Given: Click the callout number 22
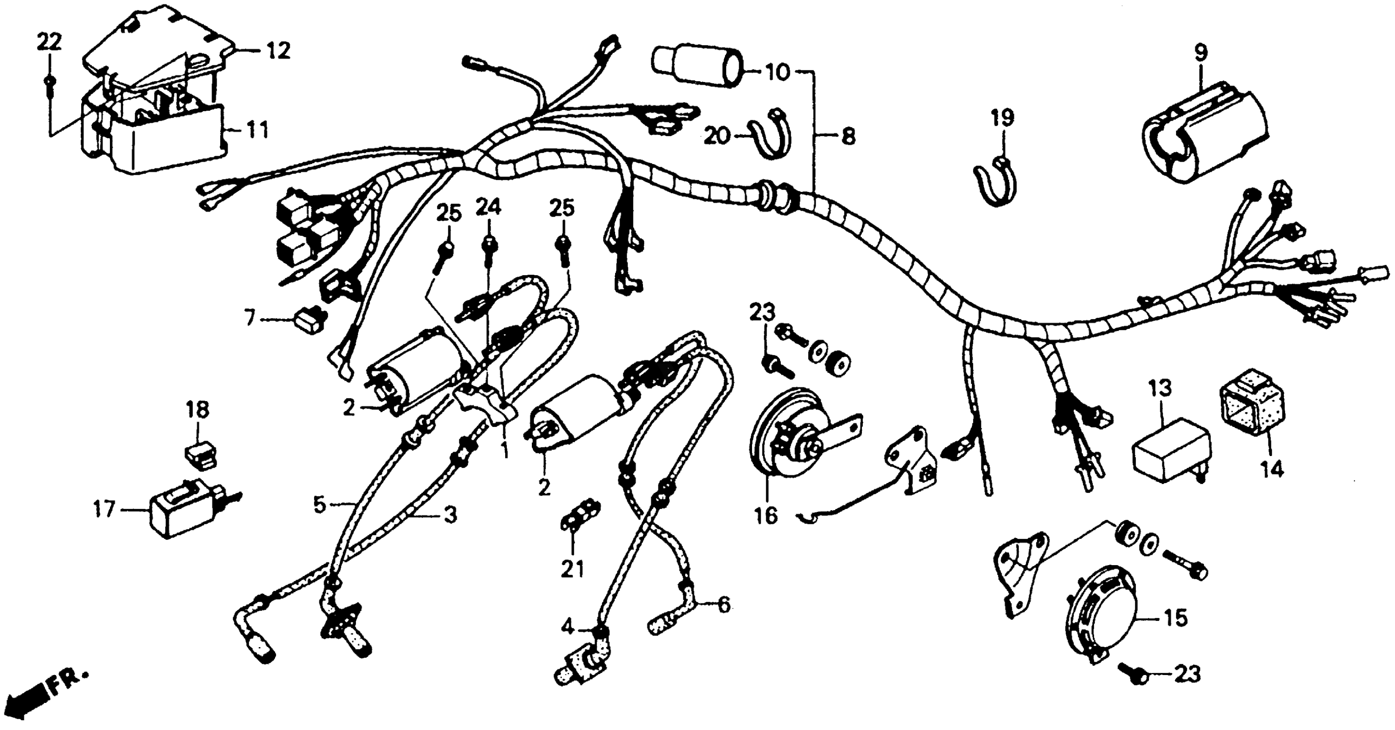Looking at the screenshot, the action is (x=49, y=42).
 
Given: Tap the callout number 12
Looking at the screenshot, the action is (x=278, y=51).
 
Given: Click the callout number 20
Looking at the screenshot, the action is (x=718, y=137).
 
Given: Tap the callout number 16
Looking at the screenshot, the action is (x=766, y=516).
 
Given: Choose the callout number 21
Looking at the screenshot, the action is (x=573, y=569).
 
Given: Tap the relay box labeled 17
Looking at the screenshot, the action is (x=182, y=508).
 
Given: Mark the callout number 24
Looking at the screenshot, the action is (x=488, y=207).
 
